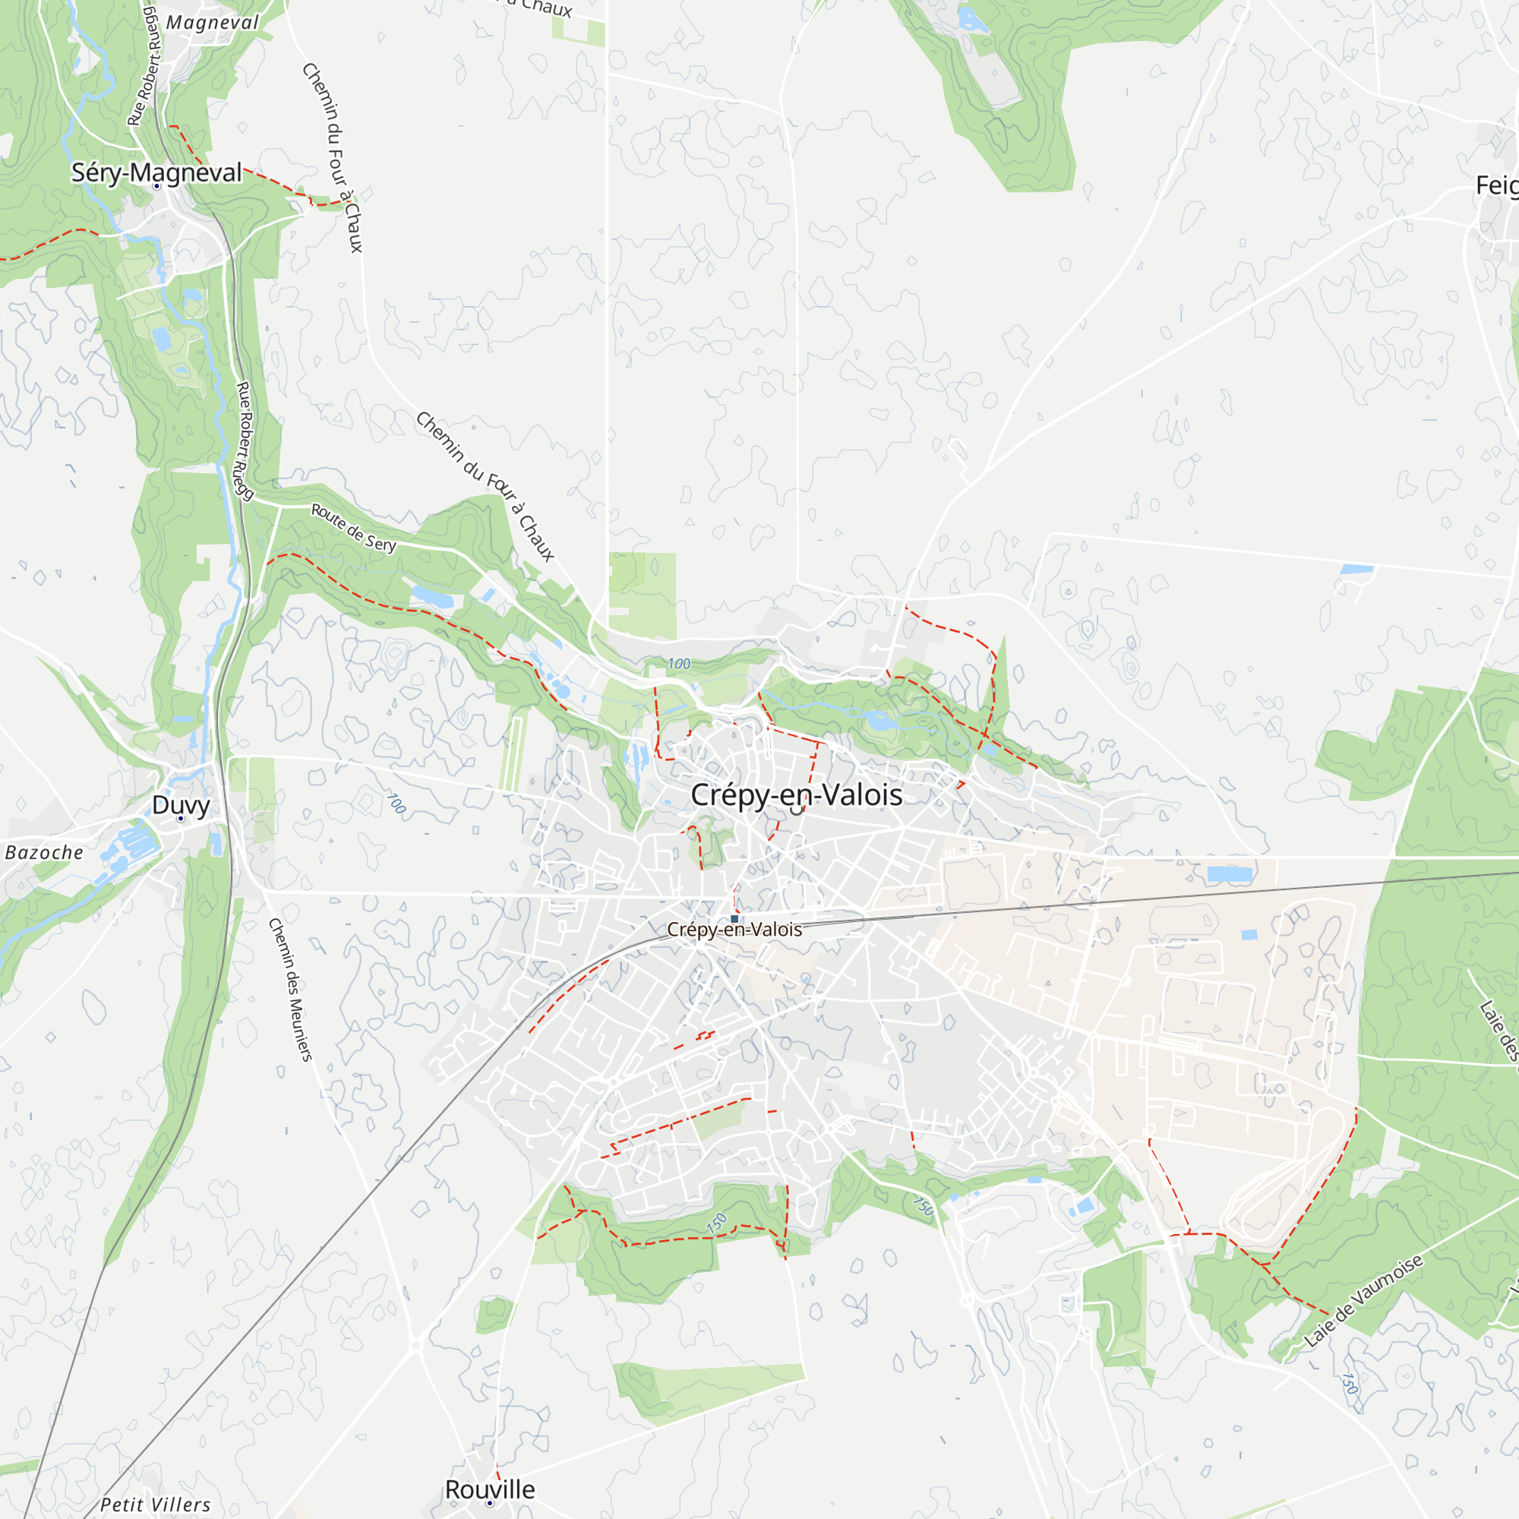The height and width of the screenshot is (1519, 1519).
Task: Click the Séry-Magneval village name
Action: (x=156, y=172)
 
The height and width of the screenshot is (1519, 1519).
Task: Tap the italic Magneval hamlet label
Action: (x=213, y=23)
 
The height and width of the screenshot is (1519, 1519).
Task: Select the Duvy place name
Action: (x=181, y=804)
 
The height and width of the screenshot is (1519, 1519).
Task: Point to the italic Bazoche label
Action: (x=44, y=852)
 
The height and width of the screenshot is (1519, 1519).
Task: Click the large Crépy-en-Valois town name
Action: (x=796, y=795)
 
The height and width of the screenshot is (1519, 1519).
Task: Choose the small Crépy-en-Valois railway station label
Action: (x=734, y=930)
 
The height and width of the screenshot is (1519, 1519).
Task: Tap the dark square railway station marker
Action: (x=734, y=918)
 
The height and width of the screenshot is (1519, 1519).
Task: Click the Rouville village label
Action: (x=490, y=1489)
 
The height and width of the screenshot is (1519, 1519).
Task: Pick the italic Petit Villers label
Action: (x=156, y=1505)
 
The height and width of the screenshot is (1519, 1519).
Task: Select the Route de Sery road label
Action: (x=354, y=528)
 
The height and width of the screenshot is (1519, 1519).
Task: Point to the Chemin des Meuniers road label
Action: (x=290, y=989)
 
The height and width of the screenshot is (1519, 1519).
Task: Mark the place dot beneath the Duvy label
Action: (x=180, y=819)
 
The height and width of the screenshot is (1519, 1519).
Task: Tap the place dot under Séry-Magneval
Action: (x=156, y=186)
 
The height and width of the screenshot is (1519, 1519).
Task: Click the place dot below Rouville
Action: (x=490, y=1503)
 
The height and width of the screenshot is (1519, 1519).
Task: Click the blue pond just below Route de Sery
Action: (x=431, y=597)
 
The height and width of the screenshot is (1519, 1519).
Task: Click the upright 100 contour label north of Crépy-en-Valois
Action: (x=678, y=664)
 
